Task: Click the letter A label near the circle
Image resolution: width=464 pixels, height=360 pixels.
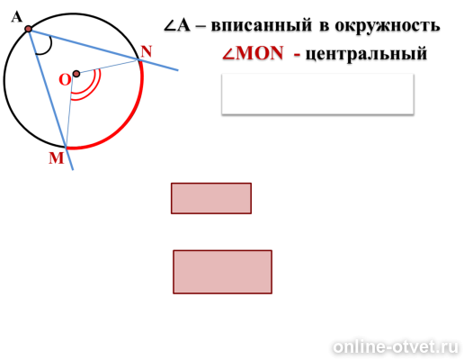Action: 17,17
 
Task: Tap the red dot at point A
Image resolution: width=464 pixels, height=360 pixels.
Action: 29,29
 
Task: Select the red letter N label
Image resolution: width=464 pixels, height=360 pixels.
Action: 147,51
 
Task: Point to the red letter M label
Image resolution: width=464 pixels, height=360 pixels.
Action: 57,158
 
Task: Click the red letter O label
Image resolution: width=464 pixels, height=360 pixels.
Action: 65,80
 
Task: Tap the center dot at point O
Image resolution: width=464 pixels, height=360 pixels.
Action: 76,74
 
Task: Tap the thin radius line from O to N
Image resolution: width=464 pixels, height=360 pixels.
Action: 107,67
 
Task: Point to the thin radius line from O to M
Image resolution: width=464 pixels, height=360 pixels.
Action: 71,111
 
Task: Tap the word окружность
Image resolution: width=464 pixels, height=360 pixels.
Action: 388,26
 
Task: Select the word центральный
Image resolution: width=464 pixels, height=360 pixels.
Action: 366,54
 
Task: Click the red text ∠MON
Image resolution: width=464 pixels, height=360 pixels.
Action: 253,53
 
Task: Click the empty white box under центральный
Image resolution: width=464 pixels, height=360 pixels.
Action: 317,94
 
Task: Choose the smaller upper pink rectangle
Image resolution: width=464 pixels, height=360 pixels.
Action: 211,198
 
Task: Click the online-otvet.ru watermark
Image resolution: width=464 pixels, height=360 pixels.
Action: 396,347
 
